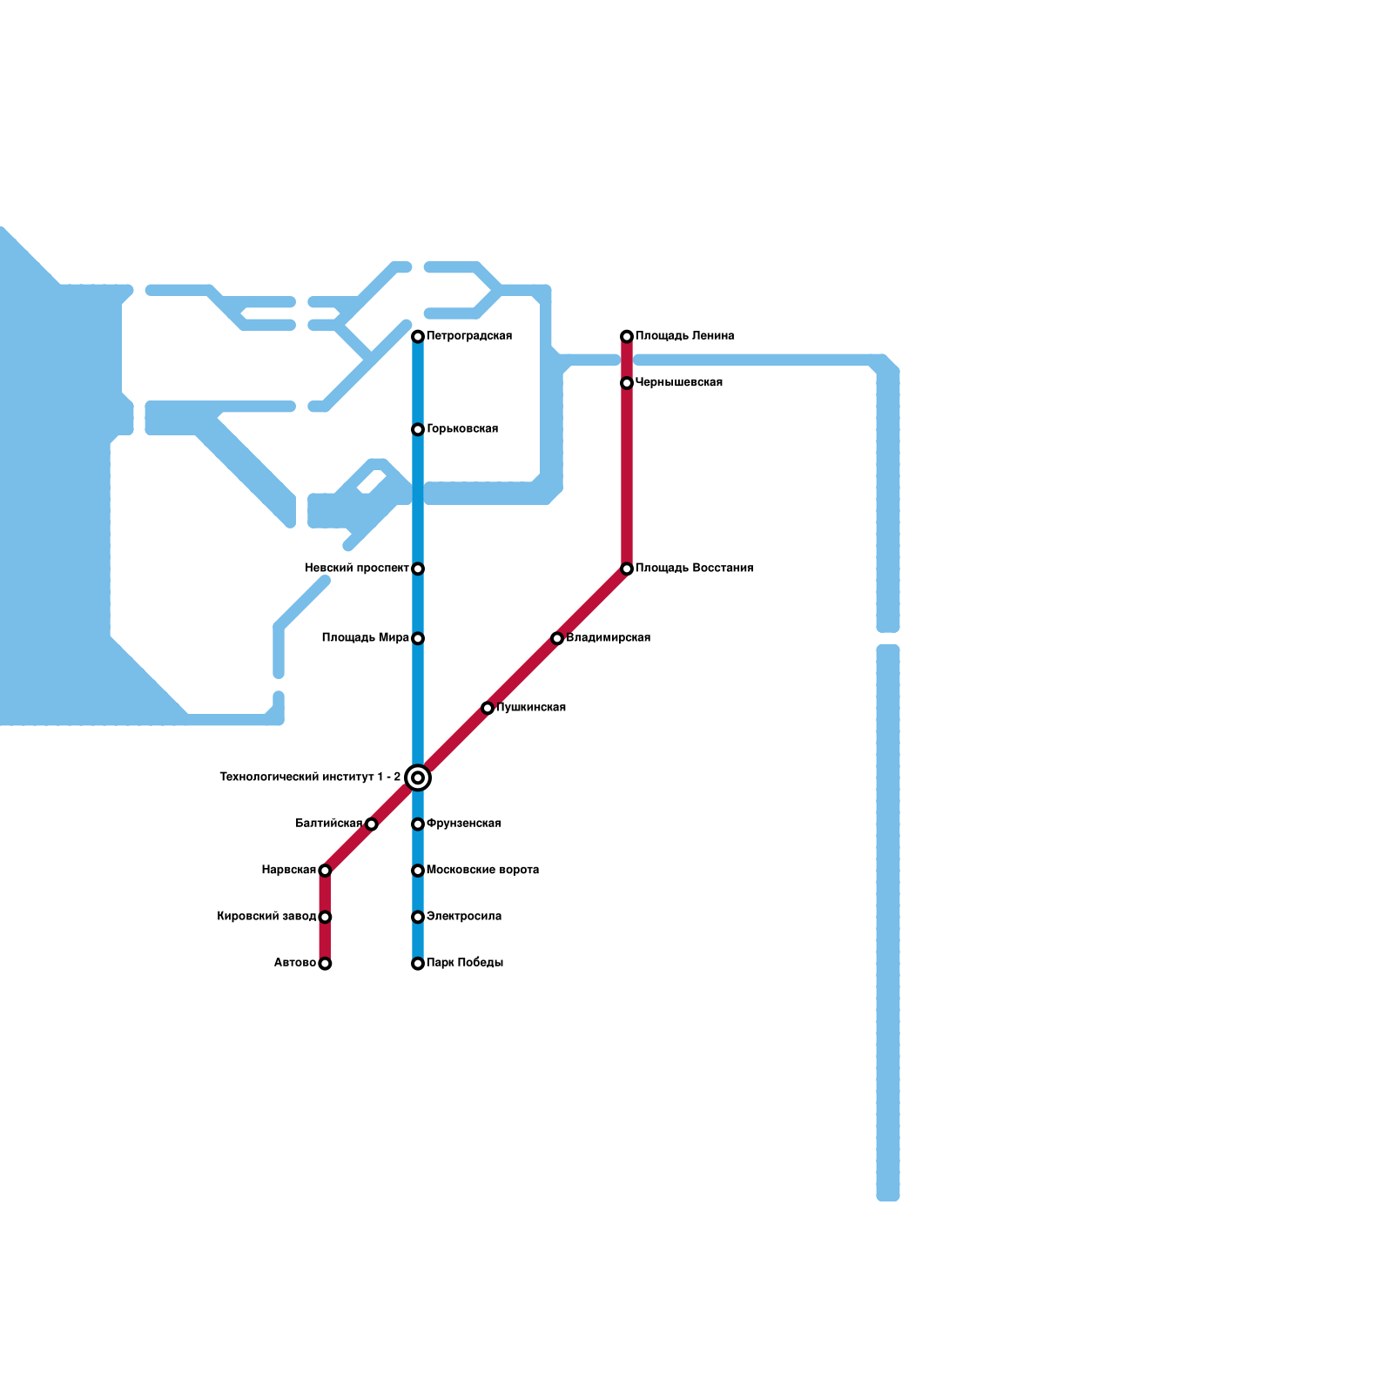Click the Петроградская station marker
pos(418,337)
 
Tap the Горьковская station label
pos(461,429)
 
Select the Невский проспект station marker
pos(418,569)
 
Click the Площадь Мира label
pos(365,638)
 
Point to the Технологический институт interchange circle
pos(418,777)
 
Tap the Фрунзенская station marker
pos(418,824)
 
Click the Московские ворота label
pos(482,871)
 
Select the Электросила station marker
pos(418,918)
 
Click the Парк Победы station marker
pos(418,964)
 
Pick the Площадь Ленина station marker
pos(627,337)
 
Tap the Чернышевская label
pos(678,383)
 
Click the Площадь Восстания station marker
pos(627,569)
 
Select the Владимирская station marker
pos(557,639)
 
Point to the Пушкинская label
pos(530,708)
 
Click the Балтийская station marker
pos(372,824)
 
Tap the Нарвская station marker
pos(325,871)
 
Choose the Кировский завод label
pos(266,917)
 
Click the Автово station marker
pos(325,964)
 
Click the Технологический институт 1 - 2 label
pos(310,777)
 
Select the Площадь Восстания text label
pos(694,569)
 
